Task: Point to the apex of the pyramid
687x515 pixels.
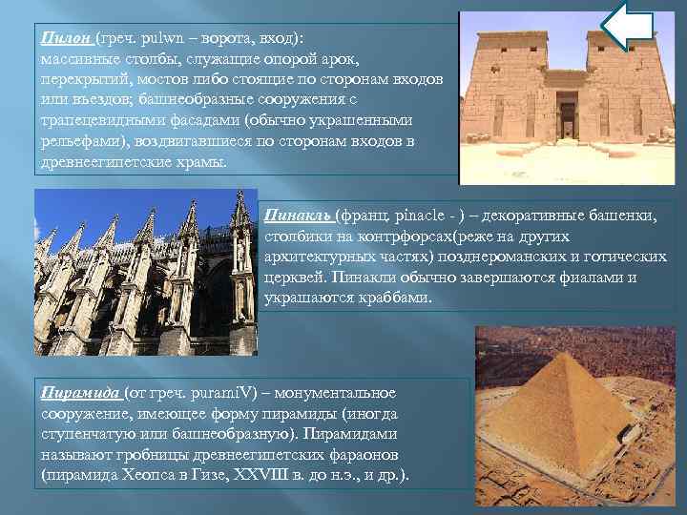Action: (x=571, y=354)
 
